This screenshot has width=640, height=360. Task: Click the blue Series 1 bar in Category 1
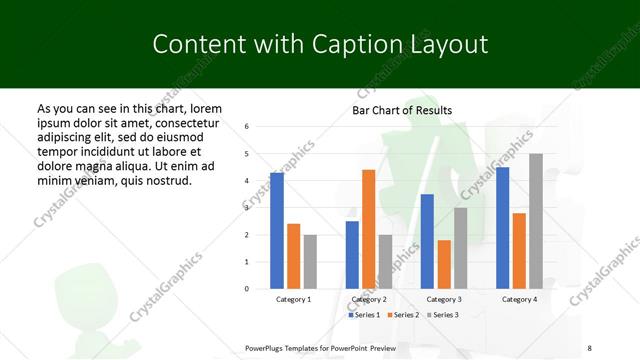point(277,231)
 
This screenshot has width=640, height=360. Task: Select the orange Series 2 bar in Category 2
point(368,229)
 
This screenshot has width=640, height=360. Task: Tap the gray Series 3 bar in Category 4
point(536,221)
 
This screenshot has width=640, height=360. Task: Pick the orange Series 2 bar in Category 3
point(444,264)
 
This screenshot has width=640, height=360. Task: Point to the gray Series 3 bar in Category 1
point(310,261)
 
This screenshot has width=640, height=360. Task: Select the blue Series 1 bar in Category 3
point(427,241)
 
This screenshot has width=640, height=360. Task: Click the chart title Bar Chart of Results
point(402,110)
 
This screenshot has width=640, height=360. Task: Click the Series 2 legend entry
point(402,314)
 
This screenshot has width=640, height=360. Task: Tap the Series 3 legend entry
point(440,314)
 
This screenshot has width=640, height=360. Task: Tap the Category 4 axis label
point(518,299)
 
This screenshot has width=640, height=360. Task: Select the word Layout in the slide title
point(443,45)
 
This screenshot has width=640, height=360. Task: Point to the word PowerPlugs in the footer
point(267,347)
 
